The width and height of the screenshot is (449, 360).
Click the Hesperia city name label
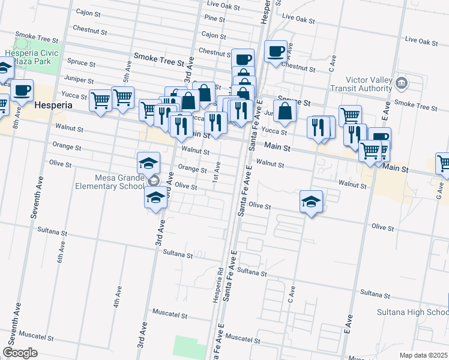54,104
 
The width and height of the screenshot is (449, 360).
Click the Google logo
20,353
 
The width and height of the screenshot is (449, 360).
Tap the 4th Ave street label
118,296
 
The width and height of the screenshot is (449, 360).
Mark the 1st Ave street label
216,177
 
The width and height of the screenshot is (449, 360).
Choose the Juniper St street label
83,80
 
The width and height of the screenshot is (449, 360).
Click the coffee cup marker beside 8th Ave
22,90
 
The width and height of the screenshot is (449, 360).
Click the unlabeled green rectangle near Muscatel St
189,347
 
